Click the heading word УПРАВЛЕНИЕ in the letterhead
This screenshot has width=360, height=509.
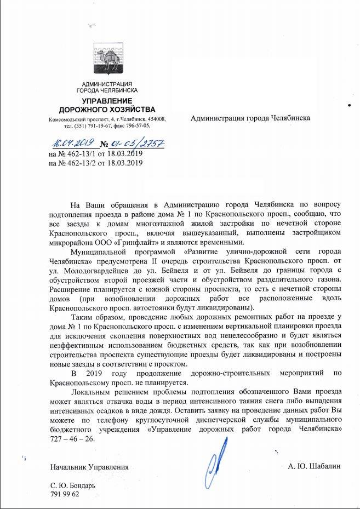[x=107, y=101]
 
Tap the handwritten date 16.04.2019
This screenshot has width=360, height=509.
[x=73, y=143]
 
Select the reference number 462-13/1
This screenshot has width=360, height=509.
[x=81, y=154]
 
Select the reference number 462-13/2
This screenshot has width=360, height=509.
[x=81, y=163]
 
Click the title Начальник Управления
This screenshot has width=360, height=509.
[x=89, y=467]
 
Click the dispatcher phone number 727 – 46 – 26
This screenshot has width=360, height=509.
[x=72, y=439]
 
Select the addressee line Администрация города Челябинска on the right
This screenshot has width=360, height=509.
[x=250, y=118]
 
